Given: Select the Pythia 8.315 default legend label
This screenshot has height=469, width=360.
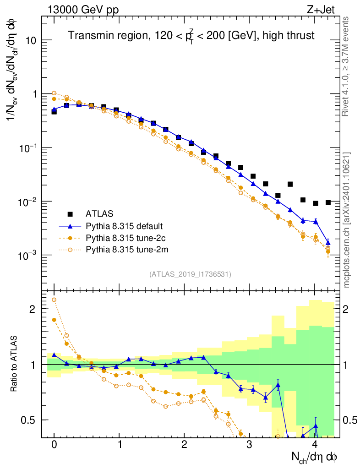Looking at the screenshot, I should [x=124, y=226].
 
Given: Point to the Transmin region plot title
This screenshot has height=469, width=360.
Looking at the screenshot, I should [x=191, y=35].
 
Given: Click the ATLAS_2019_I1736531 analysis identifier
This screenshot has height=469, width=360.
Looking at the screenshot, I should [x=190, y=274].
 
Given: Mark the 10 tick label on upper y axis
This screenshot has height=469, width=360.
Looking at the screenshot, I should [x=30, y=40].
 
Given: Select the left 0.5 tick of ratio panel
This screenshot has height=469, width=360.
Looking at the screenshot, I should [x=30, y=420].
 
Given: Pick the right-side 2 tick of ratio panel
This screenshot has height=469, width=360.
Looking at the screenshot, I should [x=348, y=309].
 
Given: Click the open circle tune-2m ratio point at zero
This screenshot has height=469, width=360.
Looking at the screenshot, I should [x=54, y=300].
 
